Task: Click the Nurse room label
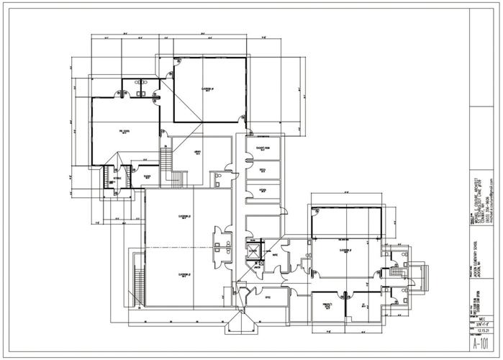[275, 255]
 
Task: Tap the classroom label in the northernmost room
[207, 90]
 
